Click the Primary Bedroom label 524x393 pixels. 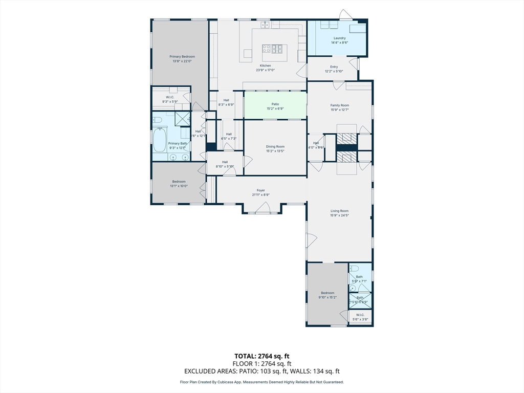182,57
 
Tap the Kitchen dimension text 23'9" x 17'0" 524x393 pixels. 266,70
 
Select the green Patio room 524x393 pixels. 275,106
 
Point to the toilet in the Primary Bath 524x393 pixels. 158,120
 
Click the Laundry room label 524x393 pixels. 339,38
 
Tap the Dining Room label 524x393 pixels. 275,146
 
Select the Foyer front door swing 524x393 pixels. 263,208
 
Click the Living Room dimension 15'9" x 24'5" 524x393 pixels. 339,215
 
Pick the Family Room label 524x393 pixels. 339,105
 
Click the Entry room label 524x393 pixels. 334,67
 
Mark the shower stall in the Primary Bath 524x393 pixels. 182,118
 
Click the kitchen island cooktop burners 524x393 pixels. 272,49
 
